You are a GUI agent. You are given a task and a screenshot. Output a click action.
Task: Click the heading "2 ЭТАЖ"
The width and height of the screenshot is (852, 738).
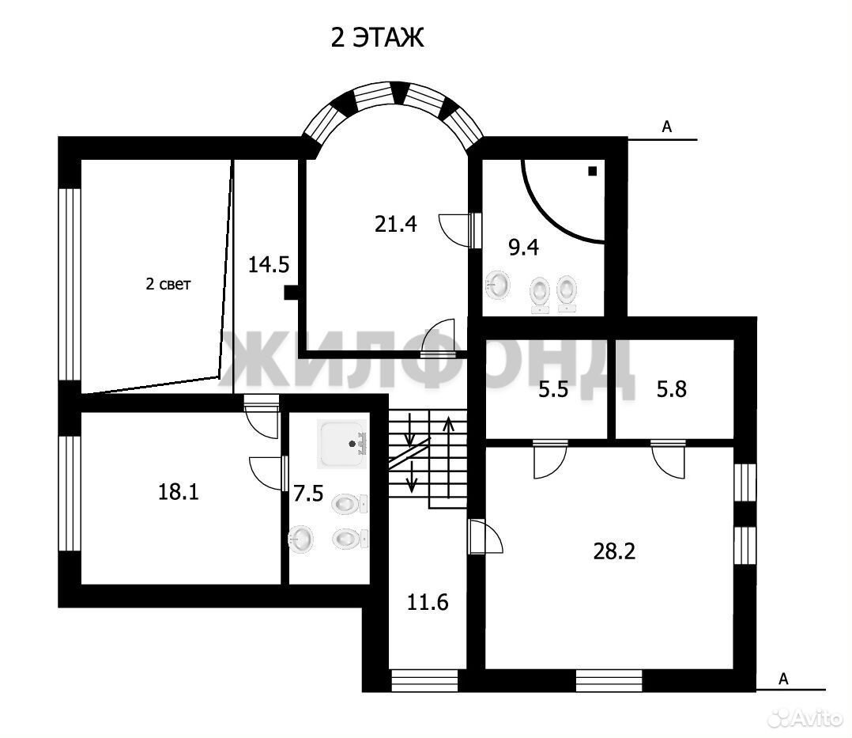(377, 37)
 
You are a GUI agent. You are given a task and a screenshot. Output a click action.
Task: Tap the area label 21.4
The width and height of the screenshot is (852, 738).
(395, 224)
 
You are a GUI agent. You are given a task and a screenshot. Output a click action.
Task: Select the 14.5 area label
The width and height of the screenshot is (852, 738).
(269, 265)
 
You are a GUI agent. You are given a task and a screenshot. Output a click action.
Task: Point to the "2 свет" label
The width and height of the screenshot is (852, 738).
(168, 284)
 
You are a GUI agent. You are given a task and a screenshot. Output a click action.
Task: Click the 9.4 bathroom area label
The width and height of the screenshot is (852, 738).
(523, 248)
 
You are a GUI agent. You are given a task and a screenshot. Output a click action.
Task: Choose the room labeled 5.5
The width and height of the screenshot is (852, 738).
(553, 389)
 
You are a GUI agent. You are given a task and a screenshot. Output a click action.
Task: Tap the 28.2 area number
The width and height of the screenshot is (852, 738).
(614, 551)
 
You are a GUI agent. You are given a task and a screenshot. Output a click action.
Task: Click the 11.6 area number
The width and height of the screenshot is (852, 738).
(428, 603)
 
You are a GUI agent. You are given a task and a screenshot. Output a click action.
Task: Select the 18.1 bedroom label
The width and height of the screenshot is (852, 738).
(179, 492)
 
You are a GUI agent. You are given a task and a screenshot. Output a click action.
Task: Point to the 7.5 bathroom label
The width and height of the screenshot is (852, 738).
(308, 494)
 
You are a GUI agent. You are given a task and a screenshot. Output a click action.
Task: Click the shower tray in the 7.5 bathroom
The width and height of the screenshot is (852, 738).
(342, 445)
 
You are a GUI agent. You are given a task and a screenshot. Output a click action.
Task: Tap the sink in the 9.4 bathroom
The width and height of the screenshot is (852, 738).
(498, 284)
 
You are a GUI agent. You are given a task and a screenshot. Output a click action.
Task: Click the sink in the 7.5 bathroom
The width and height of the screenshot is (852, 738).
(300, 539)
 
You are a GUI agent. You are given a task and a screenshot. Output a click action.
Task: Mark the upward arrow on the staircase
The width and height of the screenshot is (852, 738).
(448, 457)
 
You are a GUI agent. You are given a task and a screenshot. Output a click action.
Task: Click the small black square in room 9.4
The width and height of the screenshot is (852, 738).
(592, 171)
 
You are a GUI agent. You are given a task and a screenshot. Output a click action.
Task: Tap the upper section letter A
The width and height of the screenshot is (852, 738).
(667, 127)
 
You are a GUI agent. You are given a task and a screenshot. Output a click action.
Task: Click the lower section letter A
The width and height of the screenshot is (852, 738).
(783, 679)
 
